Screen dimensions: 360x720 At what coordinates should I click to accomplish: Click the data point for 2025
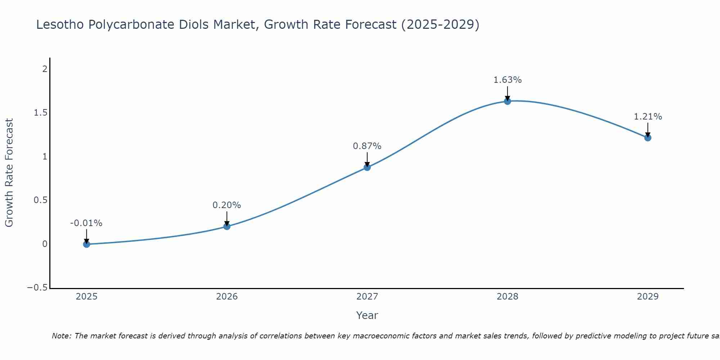point(86,244)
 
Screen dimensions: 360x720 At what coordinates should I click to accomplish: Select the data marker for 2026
point(227,226)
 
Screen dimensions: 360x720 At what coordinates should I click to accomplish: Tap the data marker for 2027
point(367,167)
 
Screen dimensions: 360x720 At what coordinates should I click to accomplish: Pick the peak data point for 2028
point(508,101)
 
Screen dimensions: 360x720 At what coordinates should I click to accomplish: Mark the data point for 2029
point(648,138)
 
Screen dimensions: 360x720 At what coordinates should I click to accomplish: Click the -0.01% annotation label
point(86,223)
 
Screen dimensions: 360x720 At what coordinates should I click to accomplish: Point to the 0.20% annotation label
point(226,205)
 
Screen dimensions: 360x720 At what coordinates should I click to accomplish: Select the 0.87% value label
point(367,146)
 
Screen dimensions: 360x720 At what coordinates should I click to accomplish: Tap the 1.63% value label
point(507,80)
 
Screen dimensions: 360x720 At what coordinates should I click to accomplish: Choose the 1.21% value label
point(648,117)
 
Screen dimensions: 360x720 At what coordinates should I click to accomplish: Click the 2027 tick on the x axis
point(367,297)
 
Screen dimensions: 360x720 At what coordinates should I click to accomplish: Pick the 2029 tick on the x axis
point(648,297)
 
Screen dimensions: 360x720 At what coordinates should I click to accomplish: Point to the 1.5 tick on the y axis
point(40,113)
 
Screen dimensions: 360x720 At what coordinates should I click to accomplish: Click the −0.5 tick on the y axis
point(37,288)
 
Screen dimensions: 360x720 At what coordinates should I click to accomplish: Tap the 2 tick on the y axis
point(45,69)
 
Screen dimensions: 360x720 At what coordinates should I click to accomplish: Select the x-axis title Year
point(367,315)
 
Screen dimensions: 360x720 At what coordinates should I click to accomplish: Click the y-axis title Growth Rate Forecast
point(9,173)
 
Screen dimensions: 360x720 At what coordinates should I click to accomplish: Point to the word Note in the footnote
point(61,336)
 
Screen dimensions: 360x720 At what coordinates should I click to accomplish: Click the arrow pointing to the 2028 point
point(508,93)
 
